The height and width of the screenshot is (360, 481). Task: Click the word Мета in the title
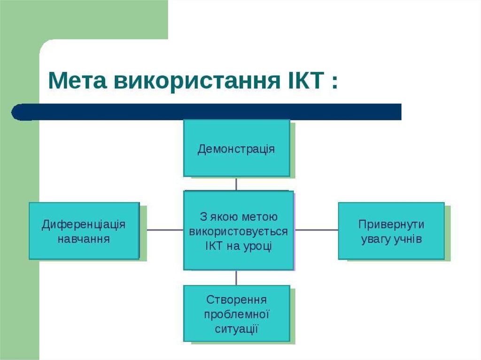coord(78,81)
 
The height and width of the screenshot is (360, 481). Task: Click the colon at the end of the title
coord(334,82)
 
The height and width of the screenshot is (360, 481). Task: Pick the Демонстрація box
coord(237,148)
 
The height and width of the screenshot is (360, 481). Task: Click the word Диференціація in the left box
coord(84,224)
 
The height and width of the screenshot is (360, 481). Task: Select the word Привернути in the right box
coord(391,225)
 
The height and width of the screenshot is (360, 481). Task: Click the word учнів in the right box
coord(408,239)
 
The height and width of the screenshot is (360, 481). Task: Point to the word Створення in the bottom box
coord(236,300)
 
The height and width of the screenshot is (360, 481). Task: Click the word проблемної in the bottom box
coord(237,314)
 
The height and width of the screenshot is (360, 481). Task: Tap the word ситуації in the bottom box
coord(236,329)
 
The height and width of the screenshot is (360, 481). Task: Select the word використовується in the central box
coord(238,232)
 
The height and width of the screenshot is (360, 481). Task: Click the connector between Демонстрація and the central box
coord(236,184)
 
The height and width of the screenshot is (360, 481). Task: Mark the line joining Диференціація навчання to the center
coord(165,230)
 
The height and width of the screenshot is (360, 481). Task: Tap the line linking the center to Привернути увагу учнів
coord(316,230)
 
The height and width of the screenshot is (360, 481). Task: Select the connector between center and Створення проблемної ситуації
coord(236,278)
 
